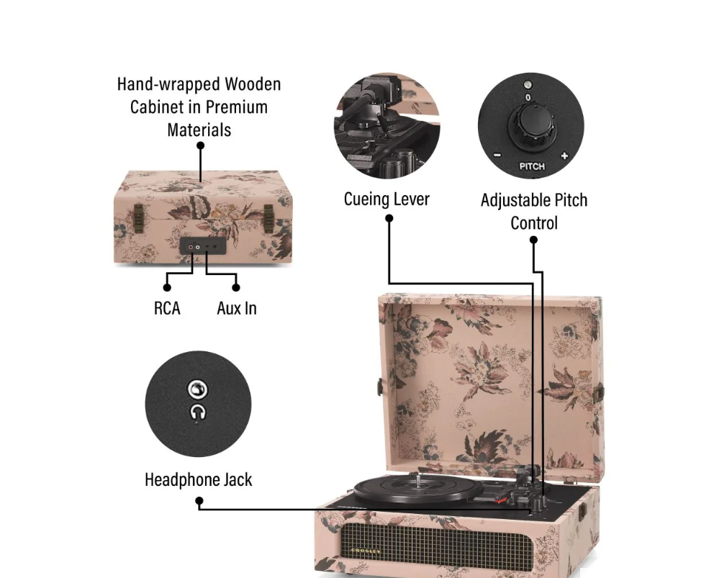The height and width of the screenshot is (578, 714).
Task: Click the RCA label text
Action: pos(167,308)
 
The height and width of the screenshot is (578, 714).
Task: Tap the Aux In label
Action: pos(237,308)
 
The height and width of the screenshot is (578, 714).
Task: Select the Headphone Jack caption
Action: pos(198,479)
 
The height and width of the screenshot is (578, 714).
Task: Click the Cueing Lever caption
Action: pos(387,199)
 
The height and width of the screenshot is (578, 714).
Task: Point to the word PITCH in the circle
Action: pos(532,166)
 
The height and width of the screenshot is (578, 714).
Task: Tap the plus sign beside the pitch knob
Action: pos(564,155)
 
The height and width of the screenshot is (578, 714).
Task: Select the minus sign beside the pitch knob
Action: pos(497,155)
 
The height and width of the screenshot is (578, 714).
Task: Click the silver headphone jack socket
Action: pos(198,389)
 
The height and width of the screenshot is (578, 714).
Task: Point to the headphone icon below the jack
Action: pos(198,412)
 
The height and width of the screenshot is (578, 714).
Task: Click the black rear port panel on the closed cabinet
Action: pos(203,246)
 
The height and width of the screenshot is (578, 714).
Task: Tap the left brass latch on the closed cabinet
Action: pos(138,215)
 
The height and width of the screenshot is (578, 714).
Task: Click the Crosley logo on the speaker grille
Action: pos(366,551)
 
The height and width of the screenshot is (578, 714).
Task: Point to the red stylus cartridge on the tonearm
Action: pos(501,500)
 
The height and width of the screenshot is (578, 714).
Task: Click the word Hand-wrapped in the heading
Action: pos(169,84)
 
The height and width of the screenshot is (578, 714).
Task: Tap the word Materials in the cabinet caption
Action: pos(199,130)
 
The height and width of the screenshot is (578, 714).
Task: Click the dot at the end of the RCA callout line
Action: pos(167,287)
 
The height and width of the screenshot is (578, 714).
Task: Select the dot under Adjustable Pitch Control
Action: pos(533,240)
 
